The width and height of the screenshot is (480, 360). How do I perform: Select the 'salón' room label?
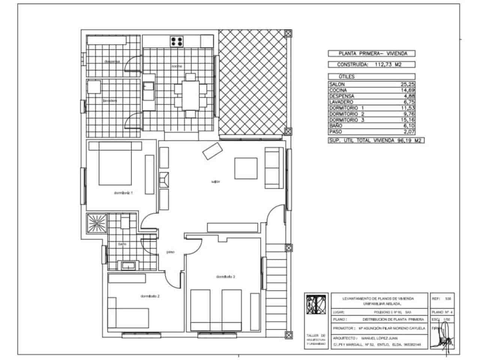[215, 181]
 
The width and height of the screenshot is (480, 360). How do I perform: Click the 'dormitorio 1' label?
[123, 193]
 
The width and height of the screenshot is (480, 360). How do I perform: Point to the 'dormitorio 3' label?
[225, 277]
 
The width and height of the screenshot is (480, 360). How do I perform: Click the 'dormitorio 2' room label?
[150, 296]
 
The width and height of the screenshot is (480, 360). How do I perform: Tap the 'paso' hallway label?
[170, 252]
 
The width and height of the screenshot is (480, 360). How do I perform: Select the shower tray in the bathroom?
[97, 223]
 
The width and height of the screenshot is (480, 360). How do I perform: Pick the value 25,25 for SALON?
[408, 84]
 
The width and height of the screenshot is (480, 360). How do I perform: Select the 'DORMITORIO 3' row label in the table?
[346, 120]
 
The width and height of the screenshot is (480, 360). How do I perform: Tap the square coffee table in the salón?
[246, 168]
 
